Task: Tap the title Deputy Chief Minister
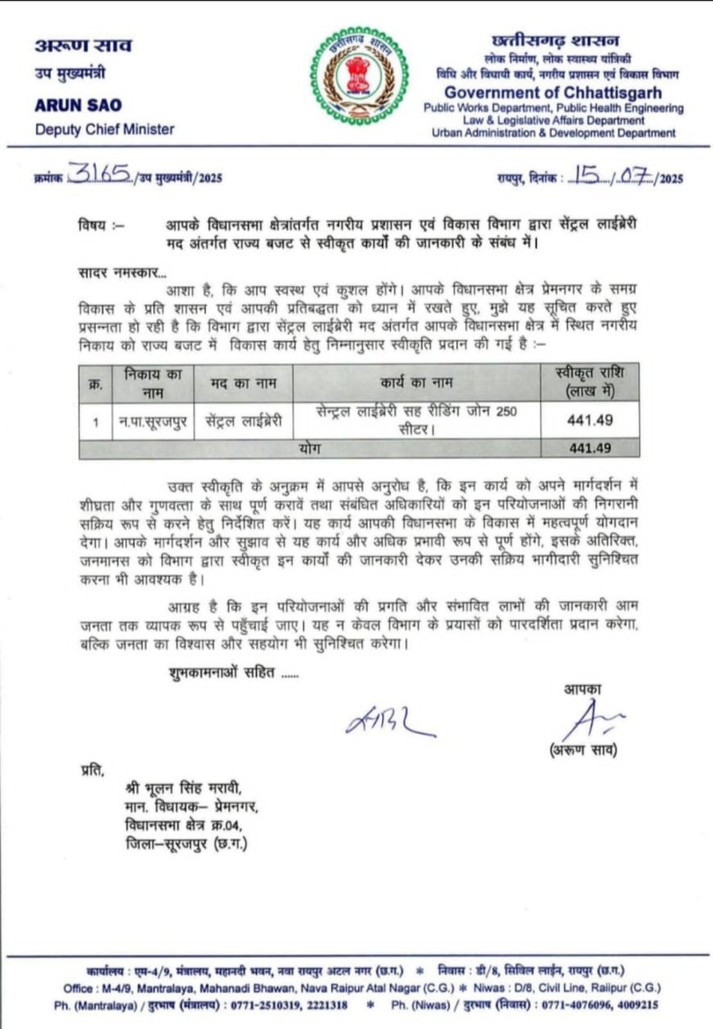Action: click(x=105, y=129)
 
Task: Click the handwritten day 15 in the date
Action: click(x=588, y=175)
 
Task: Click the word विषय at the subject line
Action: click(x=94, y=223)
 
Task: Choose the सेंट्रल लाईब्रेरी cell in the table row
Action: click(x=243, y=422)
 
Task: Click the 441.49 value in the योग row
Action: click(x=591, y=449)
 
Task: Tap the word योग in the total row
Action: click(x=309, y=449)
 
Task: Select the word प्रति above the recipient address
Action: click(x=93, y=769)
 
